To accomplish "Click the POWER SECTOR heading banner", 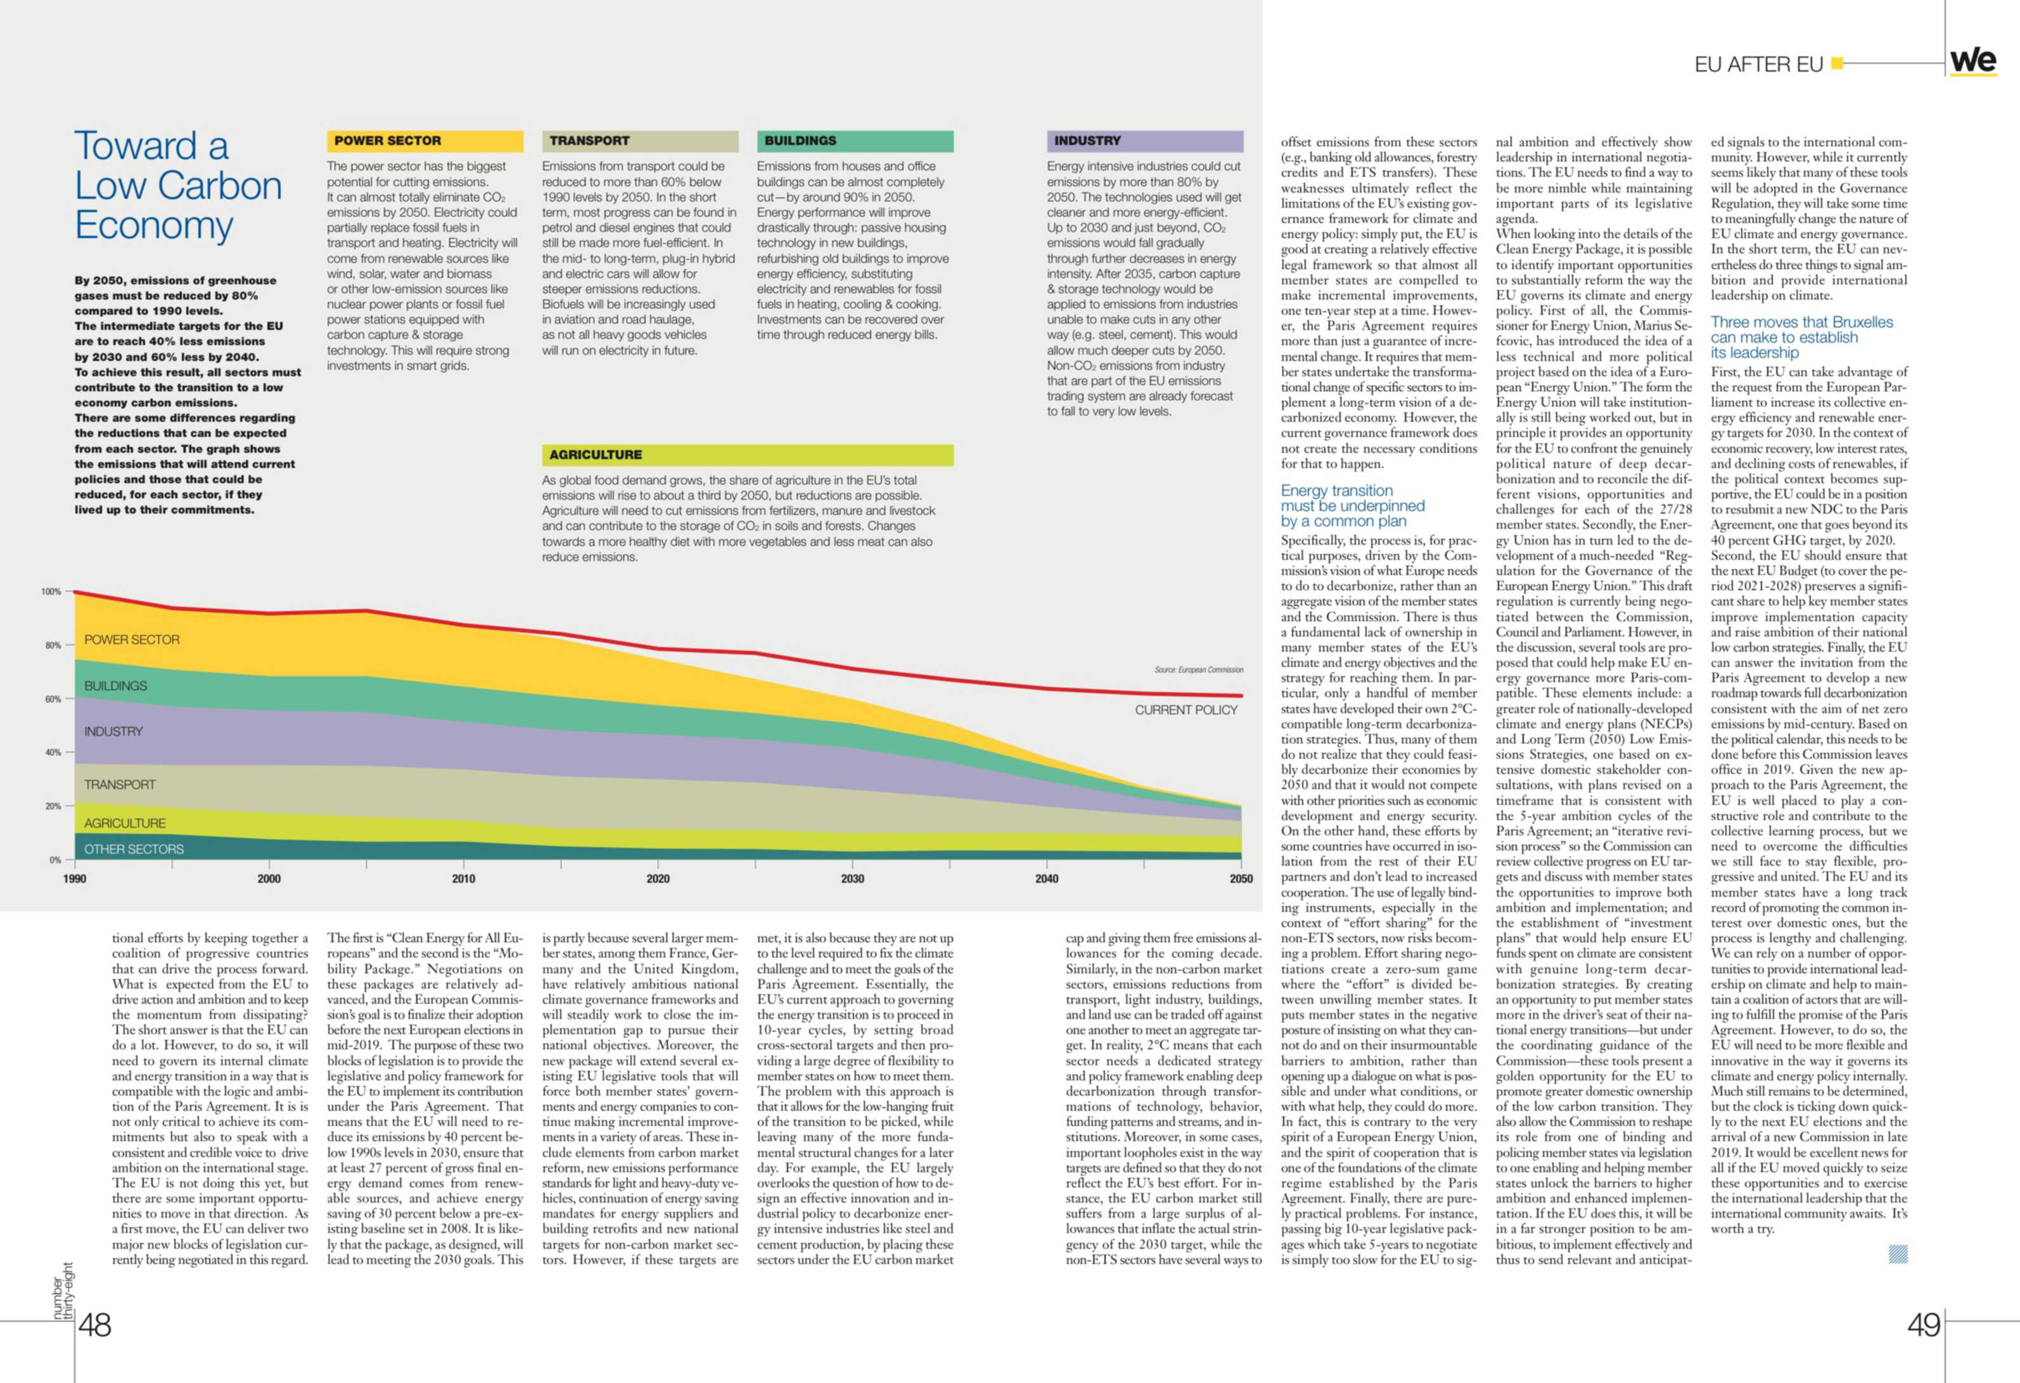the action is click(x=425, y=141).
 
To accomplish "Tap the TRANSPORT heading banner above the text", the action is click(x=640, y=141).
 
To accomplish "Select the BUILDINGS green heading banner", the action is click(x=854, y=141).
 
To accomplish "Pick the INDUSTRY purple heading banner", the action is click(x=1145, y=141).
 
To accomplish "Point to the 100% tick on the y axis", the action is click(x=51, y=591).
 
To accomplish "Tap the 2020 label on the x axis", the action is click(x=658, y=879).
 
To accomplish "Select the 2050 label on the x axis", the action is click(x=1241, y=879).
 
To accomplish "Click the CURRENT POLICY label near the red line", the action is click(x=1186, y=710).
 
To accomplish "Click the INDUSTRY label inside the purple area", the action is click(x=113, y=732).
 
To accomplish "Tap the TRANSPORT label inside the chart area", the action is click(x=120, y=785).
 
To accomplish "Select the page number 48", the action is click(x=95, y=1325).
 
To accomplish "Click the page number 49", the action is click(x=1924, y=1325).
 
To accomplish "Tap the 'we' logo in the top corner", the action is click(x=1973, y=61).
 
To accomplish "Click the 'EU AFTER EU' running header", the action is click(x=1758, y=65).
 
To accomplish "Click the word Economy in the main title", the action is click(x=154, y=226).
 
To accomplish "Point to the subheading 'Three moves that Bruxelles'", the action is click(x=1802, y=322).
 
